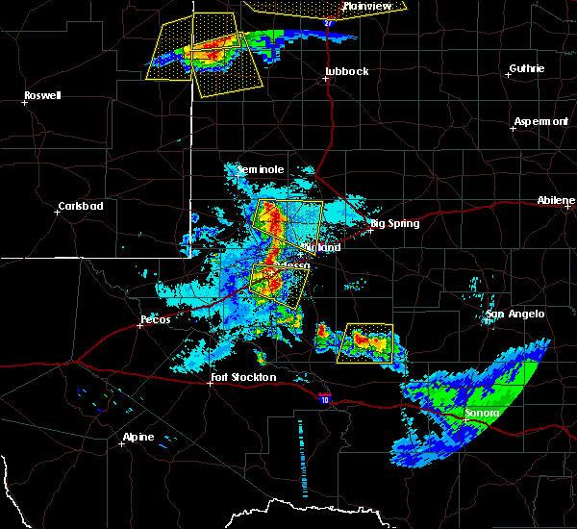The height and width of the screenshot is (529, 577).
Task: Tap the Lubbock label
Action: click(x=346, y=71)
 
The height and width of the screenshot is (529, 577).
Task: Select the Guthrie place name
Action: click(x=526, y=68)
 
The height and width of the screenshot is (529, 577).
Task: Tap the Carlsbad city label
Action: click(x=80, y=206)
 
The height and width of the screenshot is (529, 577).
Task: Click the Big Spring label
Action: click(x=394, y=223)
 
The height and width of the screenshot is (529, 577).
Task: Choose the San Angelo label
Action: click(x=514, y=314)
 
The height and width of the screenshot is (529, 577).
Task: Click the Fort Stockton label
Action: click(x=242, y=377)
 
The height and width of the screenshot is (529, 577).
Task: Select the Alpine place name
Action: click(x=137, y=438)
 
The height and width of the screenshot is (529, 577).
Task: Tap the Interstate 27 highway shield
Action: click(x=328, y=20)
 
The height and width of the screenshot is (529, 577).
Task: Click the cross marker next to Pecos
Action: click(x=139, y=325)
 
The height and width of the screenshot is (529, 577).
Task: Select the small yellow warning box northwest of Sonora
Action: click(x=364, y=342)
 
